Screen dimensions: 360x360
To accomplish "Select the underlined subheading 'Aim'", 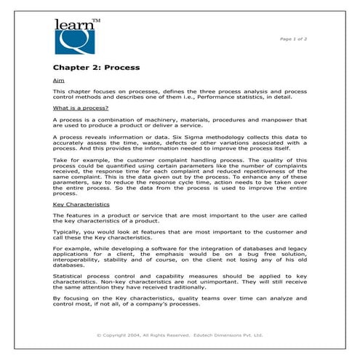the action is coord(58,79).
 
